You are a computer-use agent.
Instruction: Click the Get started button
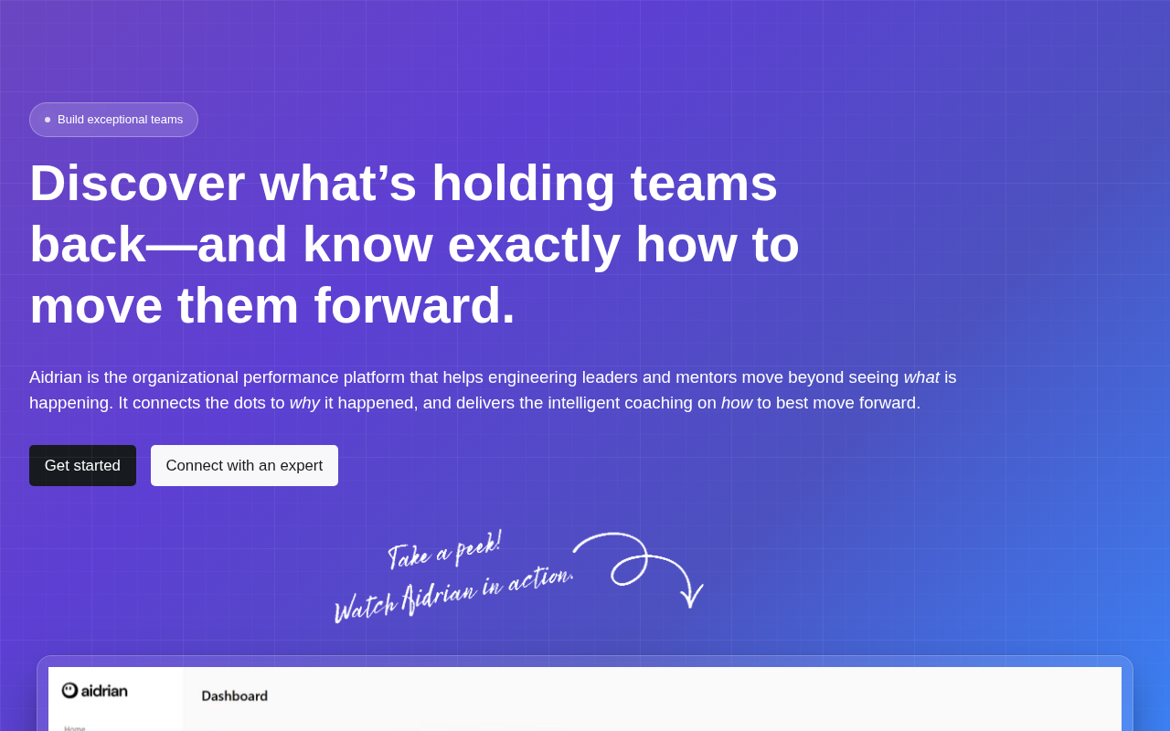pos(82,465)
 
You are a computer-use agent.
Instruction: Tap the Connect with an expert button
pos(244,465)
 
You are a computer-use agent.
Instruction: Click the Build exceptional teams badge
pos(113,120)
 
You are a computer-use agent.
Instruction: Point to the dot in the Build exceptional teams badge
pos(48,120)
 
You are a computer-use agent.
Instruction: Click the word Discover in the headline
pos(137,183)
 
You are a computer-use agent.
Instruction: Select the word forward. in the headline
pos(414,305)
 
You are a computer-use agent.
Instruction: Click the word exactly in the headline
pos(534,244)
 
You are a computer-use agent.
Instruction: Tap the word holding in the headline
pos(523,184)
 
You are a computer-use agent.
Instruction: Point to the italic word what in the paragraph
pos(921,377)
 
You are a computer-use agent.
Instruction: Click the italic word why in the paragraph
pos(304,404)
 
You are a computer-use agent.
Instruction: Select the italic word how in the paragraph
pos(737,403)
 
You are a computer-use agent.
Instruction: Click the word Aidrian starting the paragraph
pos(56,377)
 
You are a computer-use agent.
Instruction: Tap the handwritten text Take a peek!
pos(444,550)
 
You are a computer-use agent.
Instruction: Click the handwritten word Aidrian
pos(440,597)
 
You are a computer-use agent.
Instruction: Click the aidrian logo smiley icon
pos(69,690)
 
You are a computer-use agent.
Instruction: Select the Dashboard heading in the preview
pos(235,696)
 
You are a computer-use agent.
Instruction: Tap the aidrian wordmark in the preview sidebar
pos(104,691)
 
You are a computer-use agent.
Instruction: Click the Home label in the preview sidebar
pos(75,728)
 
